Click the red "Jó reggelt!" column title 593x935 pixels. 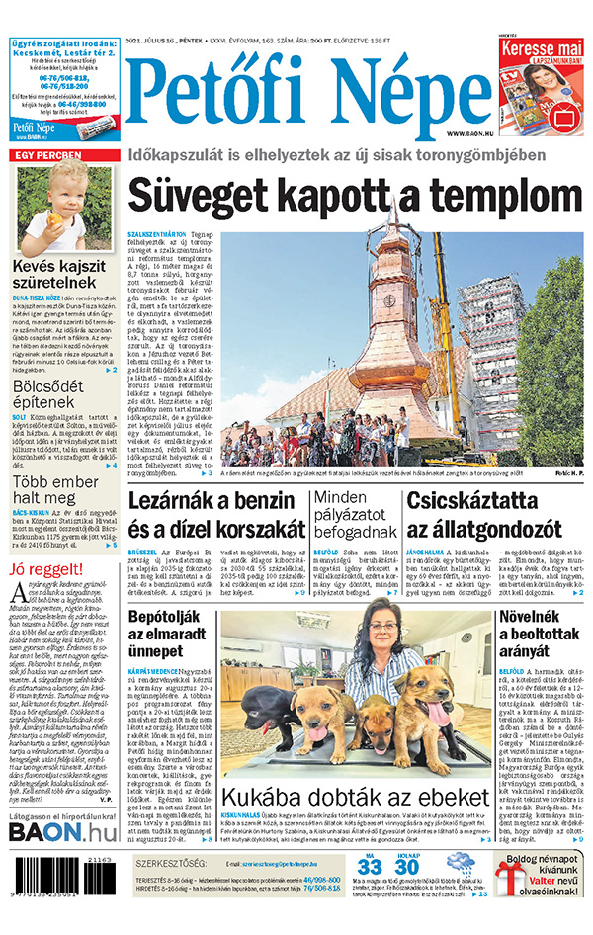pos(45,570)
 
